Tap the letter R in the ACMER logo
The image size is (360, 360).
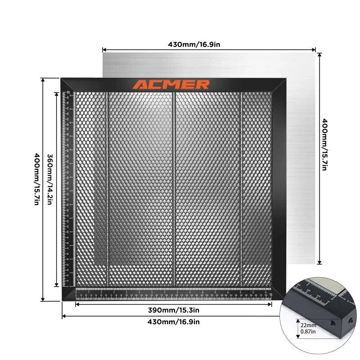pos(203,85)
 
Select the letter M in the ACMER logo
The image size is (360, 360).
pos(171,85)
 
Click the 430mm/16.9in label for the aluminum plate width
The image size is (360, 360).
pos(193,44)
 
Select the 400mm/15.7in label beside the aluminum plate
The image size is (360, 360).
pos(324,144)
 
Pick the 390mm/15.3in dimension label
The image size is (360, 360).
pos(174,310)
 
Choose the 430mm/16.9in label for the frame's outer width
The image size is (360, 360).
pos(174,322)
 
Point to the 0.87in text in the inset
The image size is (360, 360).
pos(308,332)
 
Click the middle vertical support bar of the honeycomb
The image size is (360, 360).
pos(174,189)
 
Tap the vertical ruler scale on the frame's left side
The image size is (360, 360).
pos(70,189)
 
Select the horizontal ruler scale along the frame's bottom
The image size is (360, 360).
pos(174,293)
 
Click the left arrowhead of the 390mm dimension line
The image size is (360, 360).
pos(77,305)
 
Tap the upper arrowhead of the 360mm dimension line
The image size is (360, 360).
pos(56,94)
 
